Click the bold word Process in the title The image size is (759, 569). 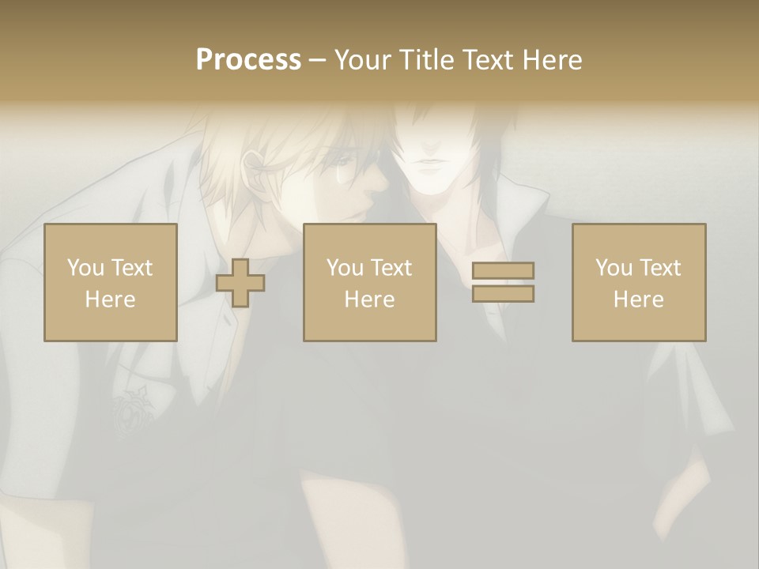248,60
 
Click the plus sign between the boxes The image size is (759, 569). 240,283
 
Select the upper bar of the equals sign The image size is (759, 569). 503,271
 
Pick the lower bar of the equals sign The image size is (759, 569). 503,294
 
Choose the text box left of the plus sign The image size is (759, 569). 110,282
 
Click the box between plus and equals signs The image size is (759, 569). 369,282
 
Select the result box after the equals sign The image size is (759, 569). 638,282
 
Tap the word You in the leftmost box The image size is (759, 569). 84,268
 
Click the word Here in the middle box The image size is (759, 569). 369,300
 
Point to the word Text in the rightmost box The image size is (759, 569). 659,268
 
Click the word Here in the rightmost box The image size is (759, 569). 638,300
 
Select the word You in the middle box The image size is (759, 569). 344,268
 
